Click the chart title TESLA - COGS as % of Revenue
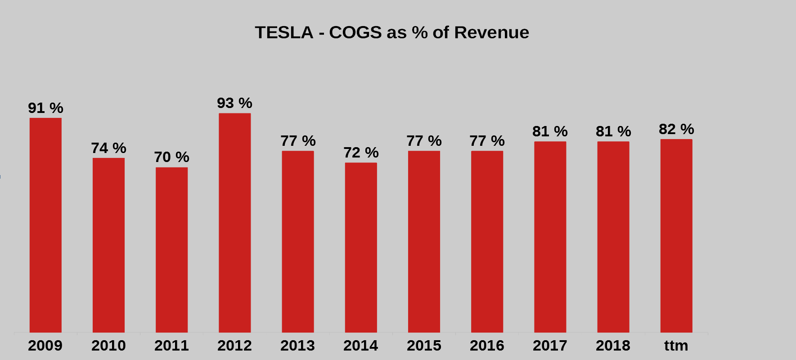pyautogui.click(x=392, y=32)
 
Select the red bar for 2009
pyautogui.click(x=45, y=225)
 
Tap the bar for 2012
pyautogui.click(x=235, y=223)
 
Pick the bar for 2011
pyautogui.click(x=172, y=250)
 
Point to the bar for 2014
pyautogui.click(x=361, y=247)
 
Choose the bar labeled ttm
pyautogui.click(x=676, y=236)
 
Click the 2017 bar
pyautogui.click(x=550, y=237)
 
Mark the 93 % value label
pyautogui.click(x=234, y=103)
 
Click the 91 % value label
pyautogui.click(x=45, y=108)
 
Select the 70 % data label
pyautogui.click(x=171, y=157)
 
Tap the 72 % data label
pyautogui.click(x=361, y=153)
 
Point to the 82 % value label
pyautogui.click(x=676, y=129)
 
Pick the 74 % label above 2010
pyautogui.click(x=108, y=148)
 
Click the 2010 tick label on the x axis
pyautogui.click(x=108, y=346)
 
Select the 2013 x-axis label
pyautogui.click(x=298, y=346)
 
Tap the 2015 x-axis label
pyautogui.click(x=424, y=346)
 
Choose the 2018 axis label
pyautogui.click(x=613, y=346)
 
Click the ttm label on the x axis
pyautogui.click(x=676, y=346)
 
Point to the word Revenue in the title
pyautogui.click(x=491, y=32)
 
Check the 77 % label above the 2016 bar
pyautogui.click(x=487, y=141)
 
